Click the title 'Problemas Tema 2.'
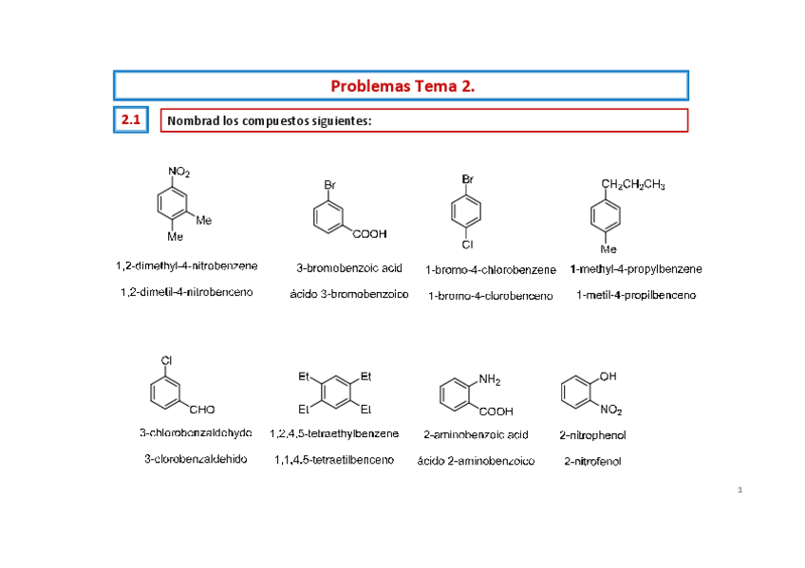[x=402, y=86]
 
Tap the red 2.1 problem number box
[x=130, y=120]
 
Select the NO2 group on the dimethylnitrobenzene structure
[x=178, y=172]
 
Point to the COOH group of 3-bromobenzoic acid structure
[x=369, y=232]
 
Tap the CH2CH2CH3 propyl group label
[x=633, y=185]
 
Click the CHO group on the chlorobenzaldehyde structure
[x=201, y=410]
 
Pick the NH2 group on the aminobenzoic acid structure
[x=490, y=380]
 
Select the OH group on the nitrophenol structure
[x=608, y=376]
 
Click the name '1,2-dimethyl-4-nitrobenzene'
[x=187, y=266]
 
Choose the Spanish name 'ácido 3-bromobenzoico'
[x=349, y=294]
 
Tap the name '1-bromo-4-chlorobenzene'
[x=491, y=270]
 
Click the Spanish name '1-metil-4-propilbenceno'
[x=636, y=295]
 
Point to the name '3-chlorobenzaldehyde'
[x=196, y=432]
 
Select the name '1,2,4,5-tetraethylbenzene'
[x=334, y=433]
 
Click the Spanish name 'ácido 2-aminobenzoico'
[x=476, y=461]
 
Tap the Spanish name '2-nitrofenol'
[x=592, y=461]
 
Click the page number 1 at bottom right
[x=739, y=490]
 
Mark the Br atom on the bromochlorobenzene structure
[x=468, y=178]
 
